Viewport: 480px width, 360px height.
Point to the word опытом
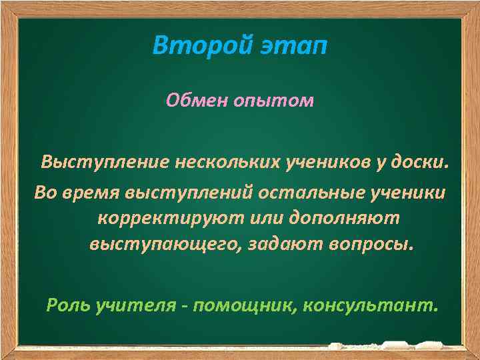tap(275, 101)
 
